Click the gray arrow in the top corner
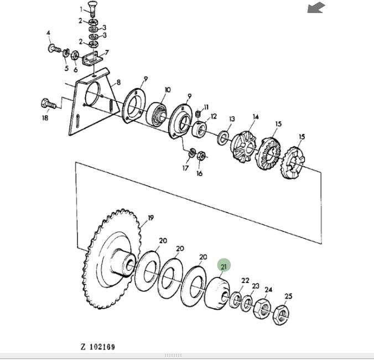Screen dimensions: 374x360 click(316, 8)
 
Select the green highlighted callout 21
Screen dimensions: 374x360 click(224, 266)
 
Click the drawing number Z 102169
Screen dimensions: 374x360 click(98, 347)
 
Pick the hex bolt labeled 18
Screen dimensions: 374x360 click(49, 104)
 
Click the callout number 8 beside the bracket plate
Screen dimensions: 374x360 click(118, 83)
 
